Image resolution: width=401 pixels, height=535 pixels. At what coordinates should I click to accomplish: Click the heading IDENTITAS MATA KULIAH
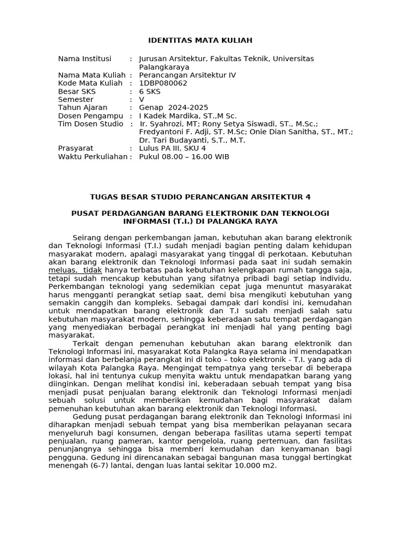(200, 40)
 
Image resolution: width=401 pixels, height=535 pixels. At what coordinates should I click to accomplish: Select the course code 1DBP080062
(163, 83)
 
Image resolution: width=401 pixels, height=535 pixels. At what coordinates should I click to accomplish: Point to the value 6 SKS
(150, 91)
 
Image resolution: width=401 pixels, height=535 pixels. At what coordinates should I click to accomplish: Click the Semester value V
(141, 99)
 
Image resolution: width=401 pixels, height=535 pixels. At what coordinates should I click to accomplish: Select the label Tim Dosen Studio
(91, 124)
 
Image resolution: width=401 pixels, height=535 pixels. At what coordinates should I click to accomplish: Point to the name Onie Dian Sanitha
(288, 132)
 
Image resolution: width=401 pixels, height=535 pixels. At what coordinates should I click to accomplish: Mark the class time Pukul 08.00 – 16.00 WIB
(184, 157)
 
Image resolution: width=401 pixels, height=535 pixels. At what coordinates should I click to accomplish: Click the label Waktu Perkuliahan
(92, 157)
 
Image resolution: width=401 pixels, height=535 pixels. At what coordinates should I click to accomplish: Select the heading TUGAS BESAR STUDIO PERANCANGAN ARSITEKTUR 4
(200, 197)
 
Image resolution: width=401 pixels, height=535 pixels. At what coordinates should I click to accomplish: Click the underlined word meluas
(62, 270)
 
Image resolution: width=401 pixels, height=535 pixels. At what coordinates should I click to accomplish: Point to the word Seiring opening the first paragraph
(87, 237)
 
